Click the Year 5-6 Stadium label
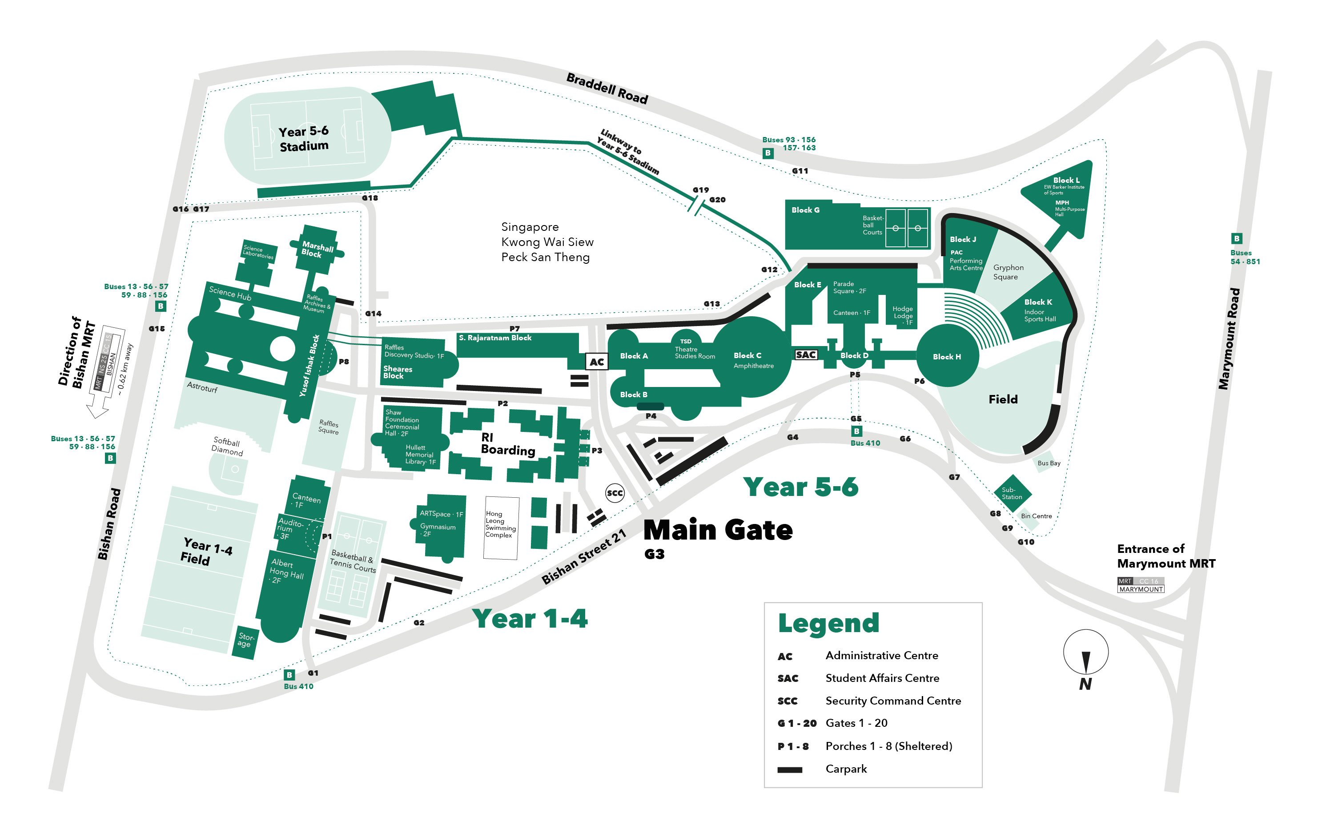coord(303,139)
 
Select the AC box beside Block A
coord(597,362)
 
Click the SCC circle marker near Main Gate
coord(615,493)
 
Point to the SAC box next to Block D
coord(806,355)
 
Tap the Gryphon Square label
coord(1008,272)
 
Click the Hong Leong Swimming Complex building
coord(501,528)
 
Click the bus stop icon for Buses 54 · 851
coord(1237,238)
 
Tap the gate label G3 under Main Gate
coord(654,554)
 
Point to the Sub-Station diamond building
coord(1012,493)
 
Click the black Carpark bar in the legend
coord(789,770)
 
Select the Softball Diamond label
coord(227,447)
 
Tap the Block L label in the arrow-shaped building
coord(1066,180)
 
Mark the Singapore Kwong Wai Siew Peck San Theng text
coord(547,242)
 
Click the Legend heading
coord(828,623)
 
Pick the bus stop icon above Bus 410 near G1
coord(289,675)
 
